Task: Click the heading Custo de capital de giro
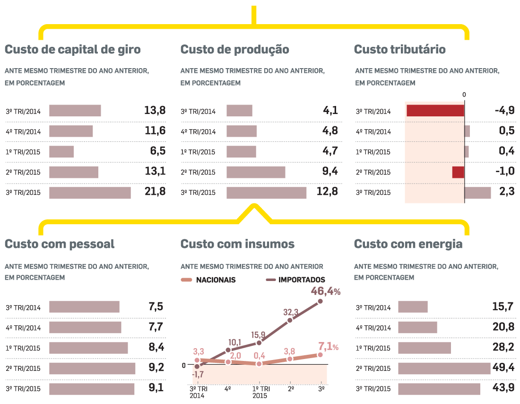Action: pyautogui.click(x=72, y=50)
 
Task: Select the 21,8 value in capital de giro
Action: pyautogui.click(x=155, y=192)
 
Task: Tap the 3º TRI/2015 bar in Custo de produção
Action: pyautogui.click(x=266, y=193)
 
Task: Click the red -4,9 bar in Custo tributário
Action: pyautogui.click(x=435, y=111)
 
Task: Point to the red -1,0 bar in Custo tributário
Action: pyautogui.click(x=458, y=172)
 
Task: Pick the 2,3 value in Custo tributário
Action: pyautogui.click(x=506, y=192)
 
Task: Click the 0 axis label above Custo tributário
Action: pyautogui.click(x=464, y=95)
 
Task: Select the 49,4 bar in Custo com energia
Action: pyautogui.click(x=444, y=369)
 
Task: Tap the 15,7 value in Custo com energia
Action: pyautogui.click(x=503, y=307)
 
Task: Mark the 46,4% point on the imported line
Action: pyautogui.click(x=321, y=301)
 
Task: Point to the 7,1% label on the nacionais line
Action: pyautogui.click(x=329, y=347)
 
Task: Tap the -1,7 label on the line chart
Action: pyautogui.click(x=198, y=375)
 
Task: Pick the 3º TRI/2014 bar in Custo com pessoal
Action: pyautogui.click(x=84, y=307)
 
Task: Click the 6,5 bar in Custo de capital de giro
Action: pyautogui.click(x=61, y=151)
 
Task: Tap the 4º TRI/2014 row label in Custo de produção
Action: pyautogui.click(x=198, y=132)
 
